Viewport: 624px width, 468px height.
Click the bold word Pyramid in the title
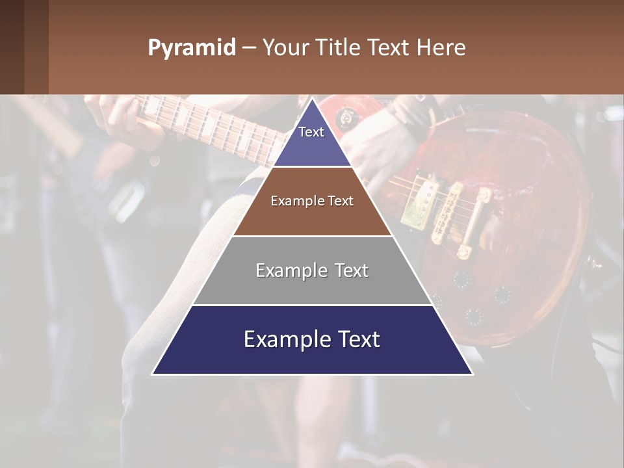point(191,48)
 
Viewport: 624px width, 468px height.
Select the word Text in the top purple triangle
point(311,132)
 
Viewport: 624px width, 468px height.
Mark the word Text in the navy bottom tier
point(357,339)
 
